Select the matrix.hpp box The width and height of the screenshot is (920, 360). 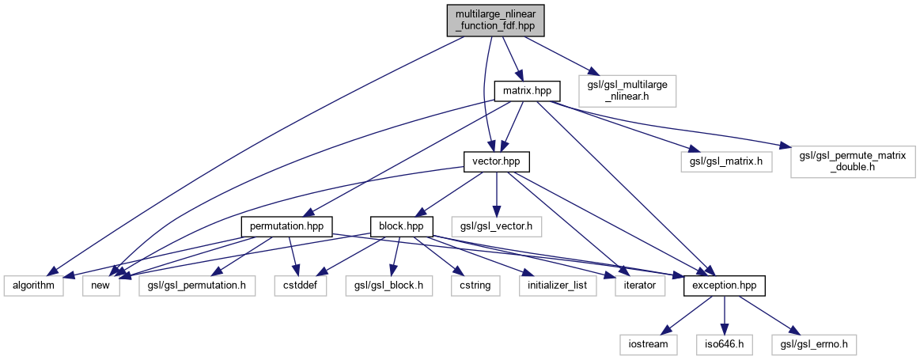click(x=527, y=92)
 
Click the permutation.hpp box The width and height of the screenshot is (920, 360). click(x=287, y=227)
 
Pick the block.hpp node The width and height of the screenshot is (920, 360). click(x=402, y=227)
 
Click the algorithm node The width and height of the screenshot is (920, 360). click(x=33, y=284)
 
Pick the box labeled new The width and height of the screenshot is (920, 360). click(x=100, y=284)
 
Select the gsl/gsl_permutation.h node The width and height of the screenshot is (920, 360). click(x=196, y=284)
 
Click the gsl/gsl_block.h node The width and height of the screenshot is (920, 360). click(x=388, y=284)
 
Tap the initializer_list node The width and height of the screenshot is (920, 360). click(x=557, y=284)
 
